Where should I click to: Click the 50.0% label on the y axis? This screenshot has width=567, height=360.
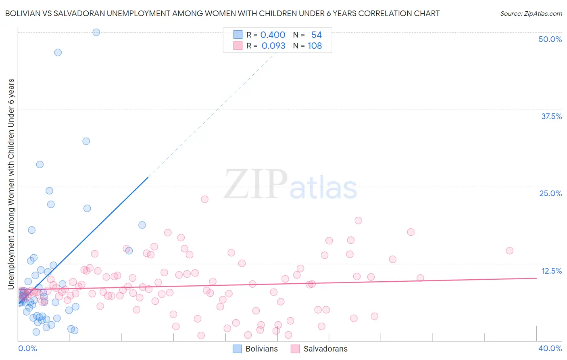[x=550, y=39]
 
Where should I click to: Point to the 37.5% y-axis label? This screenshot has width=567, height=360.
[x=551, y=116]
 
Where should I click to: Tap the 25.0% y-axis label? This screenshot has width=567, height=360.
[x=550, y=193]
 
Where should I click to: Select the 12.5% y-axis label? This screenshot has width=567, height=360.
[x=551, y=271]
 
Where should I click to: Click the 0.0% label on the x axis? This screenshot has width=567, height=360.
[x=27, y=348]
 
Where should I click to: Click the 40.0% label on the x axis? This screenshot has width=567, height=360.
[x=550, y=348]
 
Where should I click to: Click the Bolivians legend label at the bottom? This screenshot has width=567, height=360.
[x=261, y=349]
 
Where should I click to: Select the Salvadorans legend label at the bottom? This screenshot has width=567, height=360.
[x=325, y=349]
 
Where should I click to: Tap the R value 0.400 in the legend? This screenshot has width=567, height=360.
[x=273, y=35]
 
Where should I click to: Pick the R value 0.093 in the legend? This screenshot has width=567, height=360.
[x=273, y=46]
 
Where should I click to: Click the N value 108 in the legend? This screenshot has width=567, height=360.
[x=315, y=46]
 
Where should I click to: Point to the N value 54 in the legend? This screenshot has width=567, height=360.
[x=316, y=35]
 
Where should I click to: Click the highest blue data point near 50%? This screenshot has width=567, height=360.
[x=96, y=32]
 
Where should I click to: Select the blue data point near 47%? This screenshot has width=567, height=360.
[x=58, y=52]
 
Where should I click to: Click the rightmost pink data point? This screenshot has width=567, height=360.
[x=509, y=251]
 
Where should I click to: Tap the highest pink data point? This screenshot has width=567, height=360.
[x=204, y=199]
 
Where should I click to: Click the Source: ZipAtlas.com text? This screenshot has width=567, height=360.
[x=531, y=13]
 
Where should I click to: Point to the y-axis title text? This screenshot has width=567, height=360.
[x=11, y=184]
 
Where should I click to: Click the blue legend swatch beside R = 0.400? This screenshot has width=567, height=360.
[x=238, y=35]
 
